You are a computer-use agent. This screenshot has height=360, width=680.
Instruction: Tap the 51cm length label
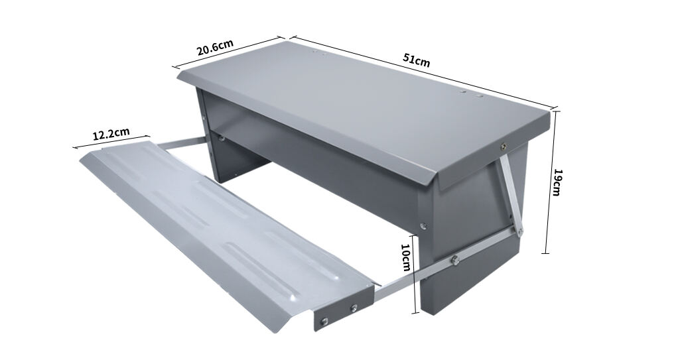417,59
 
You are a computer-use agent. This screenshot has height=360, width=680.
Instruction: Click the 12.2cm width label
111,133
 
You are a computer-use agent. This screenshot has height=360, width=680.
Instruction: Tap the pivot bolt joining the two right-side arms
520,231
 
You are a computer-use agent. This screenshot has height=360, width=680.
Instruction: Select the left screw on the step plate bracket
323,321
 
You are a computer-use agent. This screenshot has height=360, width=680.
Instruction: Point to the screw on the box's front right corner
426,225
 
